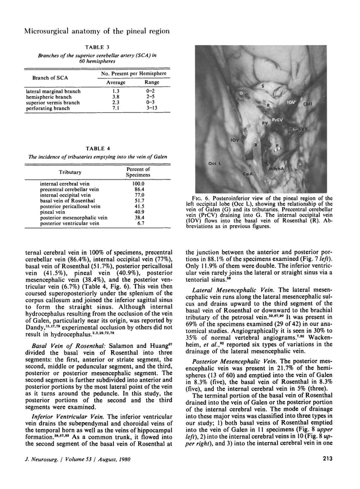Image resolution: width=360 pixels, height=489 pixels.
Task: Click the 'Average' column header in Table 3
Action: click(116, 82)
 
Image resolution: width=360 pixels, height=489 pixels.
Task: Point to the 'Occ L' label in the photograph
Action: click(213, 163)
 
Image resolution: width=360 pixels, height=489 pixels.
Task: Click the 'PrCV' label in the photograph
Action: click(277, 120)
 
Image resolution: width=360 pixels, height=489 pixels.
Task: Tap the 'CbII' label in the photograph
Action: click(324, 103)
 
